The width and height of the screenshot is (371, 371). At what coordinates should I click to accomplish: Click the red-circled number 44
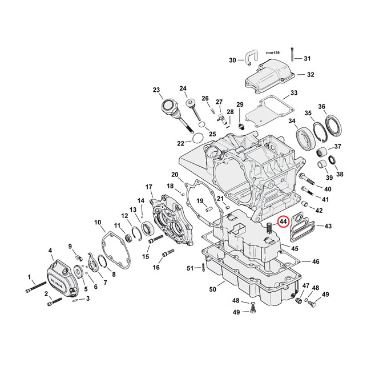(284, 222)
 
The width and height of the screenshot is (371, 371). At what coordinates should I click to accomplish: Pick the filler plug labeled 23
(170, 106)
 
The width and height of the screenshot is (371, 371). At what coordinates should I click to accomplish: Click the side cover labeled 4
(57, 276)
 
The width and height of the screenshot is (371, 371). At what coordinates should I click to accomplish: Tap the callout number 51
(190, 268)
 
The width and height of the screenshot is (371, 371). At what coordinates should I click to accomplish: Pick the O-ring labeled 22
(196, 138)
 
